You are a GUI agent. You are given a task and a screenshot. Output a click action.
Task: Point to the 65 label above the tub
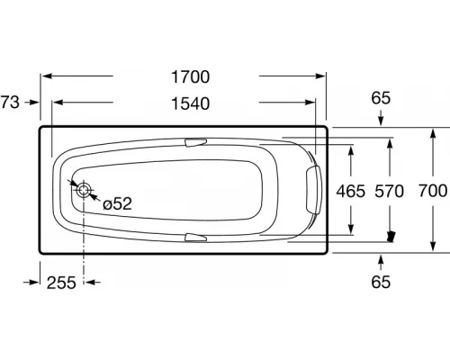[381, 97]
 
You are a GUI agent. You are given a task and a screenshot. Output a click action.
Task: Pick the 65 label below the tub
[381, 283]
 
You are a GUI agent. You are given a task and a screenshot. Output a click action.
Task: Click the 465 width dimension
[351, 190]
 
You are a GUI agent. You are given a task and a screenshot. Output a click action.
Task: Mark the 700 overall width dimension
[432, 190]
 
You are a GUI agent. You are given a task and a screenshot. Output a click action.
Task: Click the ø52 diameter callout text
[117, 204]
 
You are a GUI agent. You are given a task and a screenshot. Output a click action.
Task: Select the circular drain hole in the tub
[84, 191]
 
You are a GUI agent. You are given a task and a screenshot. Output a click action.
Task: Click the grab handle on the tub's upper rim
[196, 141]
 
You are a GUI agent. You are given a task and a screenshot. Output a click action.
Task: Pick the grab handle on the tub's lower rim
[196, 238]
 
